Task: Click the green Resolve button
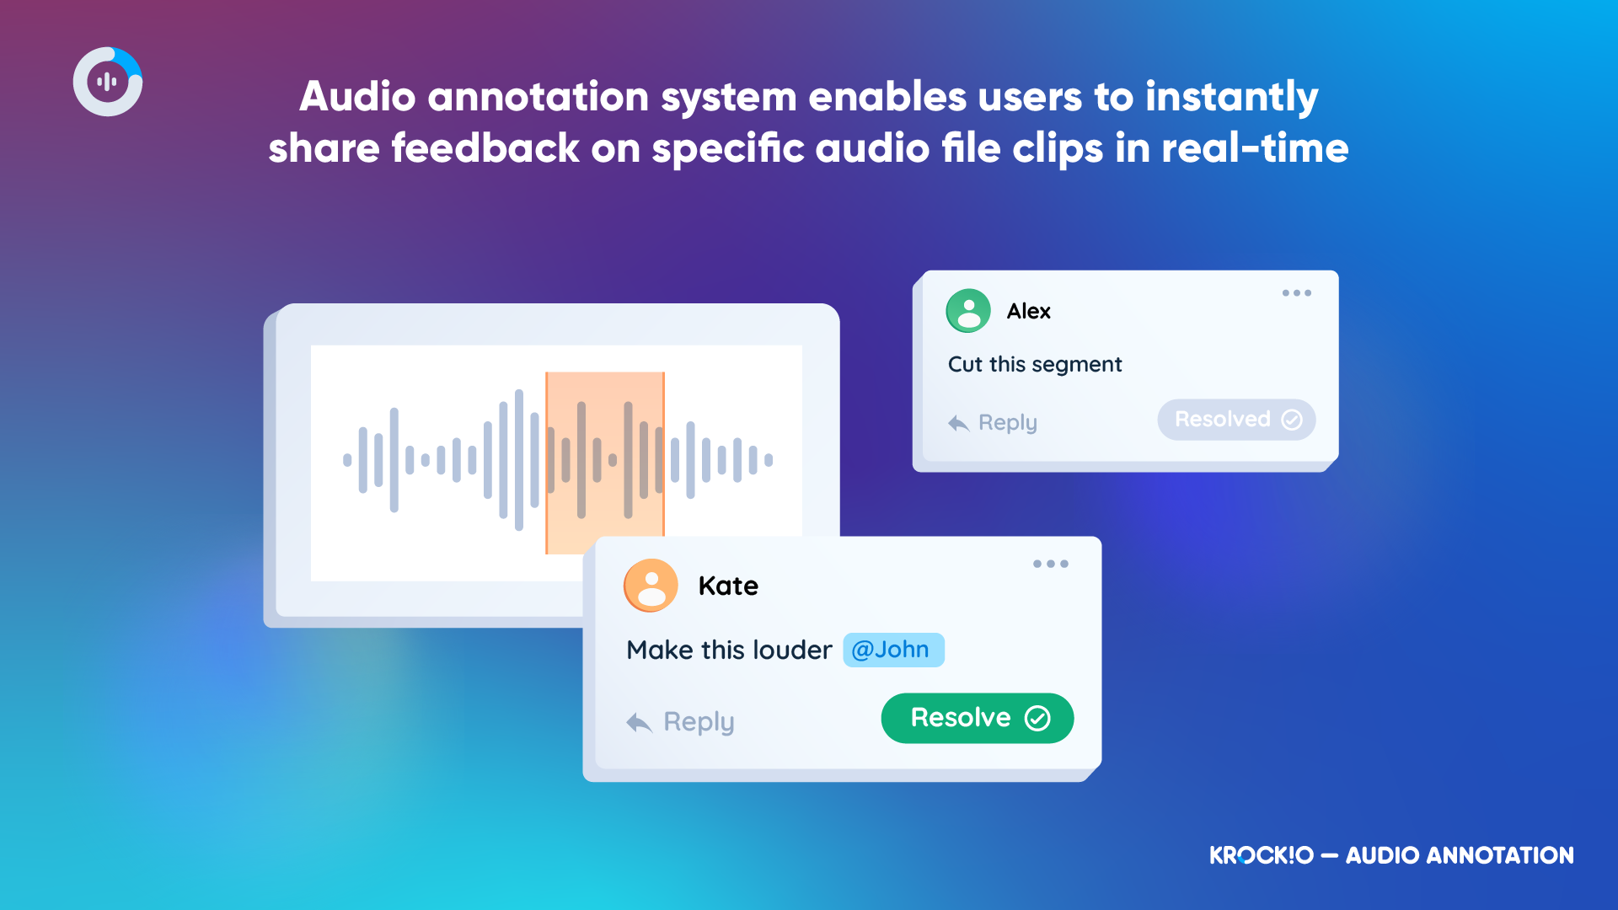click(x=978, y=718)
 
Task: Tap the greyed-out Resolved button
click(x=1236, y=420)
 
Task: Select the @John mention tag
click(x=893, y=650)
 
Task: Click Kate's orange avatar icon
click(x=651, y=585)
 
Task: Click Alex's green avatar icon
click(x=968, y=311)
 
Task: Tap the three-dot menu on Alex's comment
click(x=1297, y=293)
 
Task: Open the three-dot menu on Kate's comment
click(x=1051, y=564)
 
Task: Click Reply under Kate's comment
click(x=681, y=722)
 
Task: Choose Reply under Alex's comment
click(x=992, y=422)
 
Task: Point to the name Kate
click(x=728, y=586)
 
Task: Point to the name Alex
click(x=1029, y=311)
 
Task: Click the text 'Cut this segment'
click(x=1035, y=364)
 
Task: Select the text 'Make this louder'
click(x=729, y=650)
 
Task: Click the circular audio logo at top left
click(x=108, y=82)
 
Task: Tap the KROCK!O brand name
click(x=1262, y=855)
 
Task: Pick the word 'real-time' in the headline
click(x=1256, y=148)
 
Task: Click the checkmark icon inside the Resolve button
click(x=1037, y=718)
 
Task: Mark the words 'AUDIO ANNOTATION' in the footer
click(x=1460, y=855)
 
